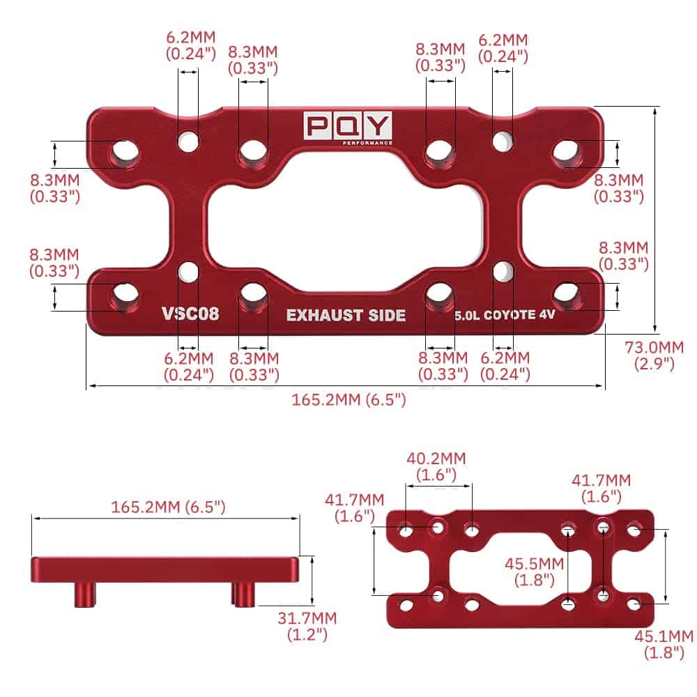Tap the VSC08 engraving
point(190,314)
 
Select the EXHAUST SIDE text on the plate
point(346,315)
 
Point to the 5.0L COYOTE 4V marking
point(505,315)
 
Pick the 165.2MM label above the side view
point(168,507)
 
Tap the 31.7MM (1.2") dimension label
point(307,626)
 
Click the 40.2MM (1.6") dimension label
point(437,466)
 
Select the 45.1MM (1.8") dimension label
point(664,643)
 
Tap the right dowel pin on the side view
point(243,595)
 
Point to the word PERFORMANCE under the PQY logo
point(367,142)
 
